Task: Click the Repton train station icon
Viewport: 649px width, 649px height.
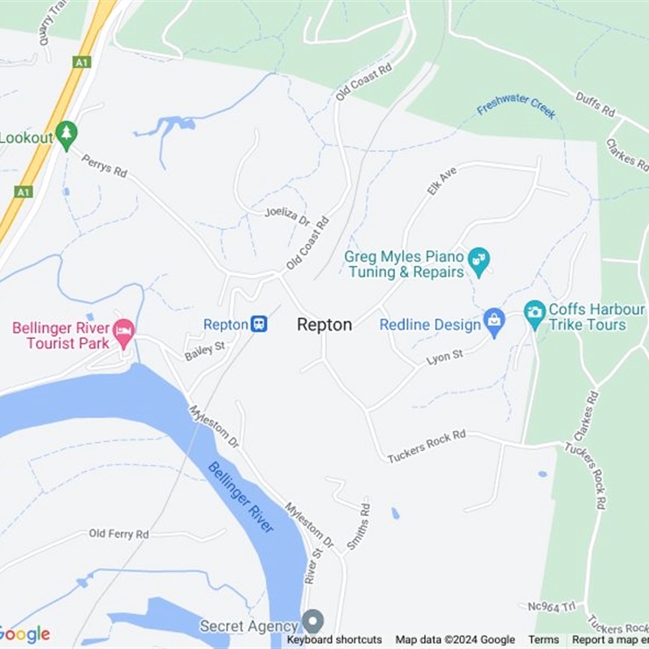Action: coord(259,324)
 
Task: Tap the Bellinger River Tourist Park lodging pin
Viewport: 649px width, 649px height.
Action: coord(124,333)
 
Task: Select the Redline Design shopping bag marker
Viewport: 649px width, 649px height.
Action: coord(493,323)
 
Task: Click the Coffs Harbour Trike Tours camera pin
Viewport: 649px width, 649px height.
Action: coord(535,312)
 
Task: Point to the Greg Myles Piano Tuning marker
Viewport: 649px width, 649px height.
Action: coord(479,260)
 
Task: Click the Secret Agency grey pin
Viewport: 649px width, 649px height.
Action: coord(312,622)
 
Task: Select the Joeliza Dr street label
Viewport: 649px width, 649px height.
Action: coord(288,216)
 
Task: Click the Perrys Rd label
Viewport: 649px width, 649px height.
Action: coord(105,165)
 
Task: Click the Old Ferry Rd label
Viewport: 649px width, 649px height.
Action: coord(119,534)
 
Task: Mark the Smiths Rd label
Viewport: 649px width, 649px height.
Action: coord(359,527)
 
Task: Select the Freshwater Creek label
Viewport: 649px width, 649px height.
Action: coord(516,105)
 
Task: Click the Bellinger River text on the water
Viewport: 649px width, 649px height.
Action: coord(241,496)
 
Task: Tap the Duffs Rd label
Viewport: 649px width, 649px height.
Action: coord(596,104)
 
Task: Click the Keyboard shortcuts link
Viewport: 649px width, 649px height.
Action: coord(334,640)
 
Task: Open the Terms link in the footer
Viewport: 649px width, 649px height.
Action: coord(544,640)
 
